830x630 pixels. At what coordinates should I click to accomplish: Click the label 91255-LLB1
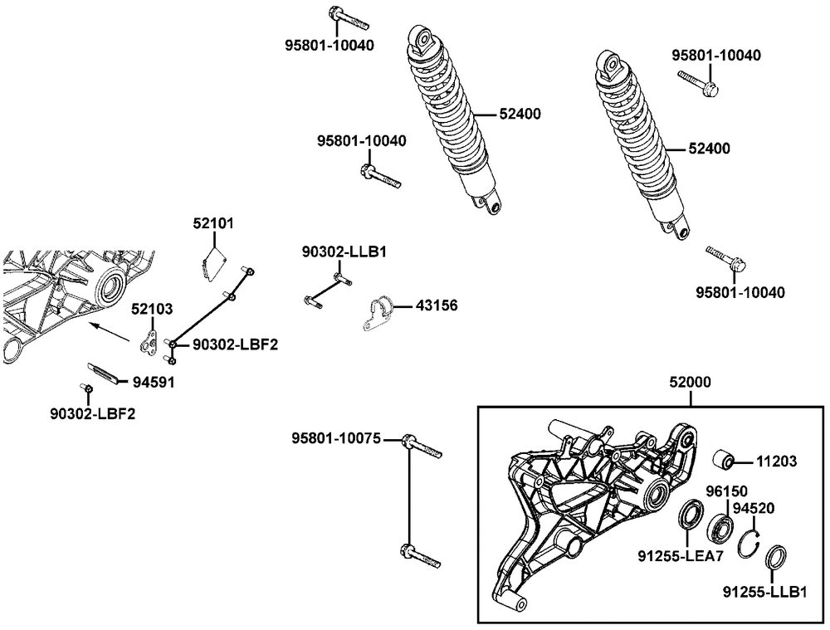click(764, 592)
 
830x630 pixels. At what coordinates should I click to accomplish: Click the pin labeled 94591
click(104, 369)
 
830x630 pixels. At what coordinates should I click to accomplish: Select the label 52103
click(152, 309)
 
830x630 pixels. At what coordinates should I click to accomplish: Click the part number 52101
click(213, 223)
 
